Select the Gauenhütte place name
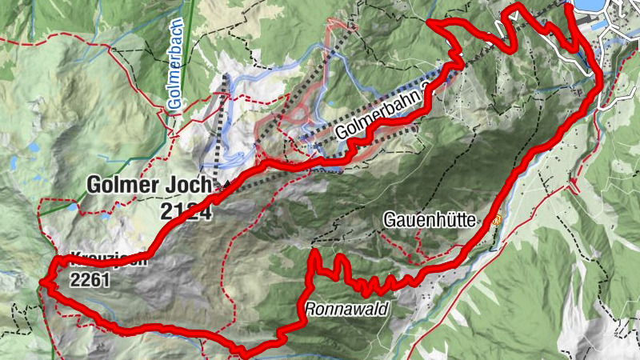coord(430,218)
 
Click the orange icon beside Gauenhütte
coord(497,218)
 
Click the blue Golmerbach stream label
coord(175,57)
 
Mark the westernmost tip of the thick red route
coord(42,282)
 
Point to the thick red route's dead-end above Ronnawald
coord(314,253)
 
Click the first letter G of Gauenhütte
coord(390,218)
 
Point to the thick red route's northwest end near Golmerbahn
coord(430,22)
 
